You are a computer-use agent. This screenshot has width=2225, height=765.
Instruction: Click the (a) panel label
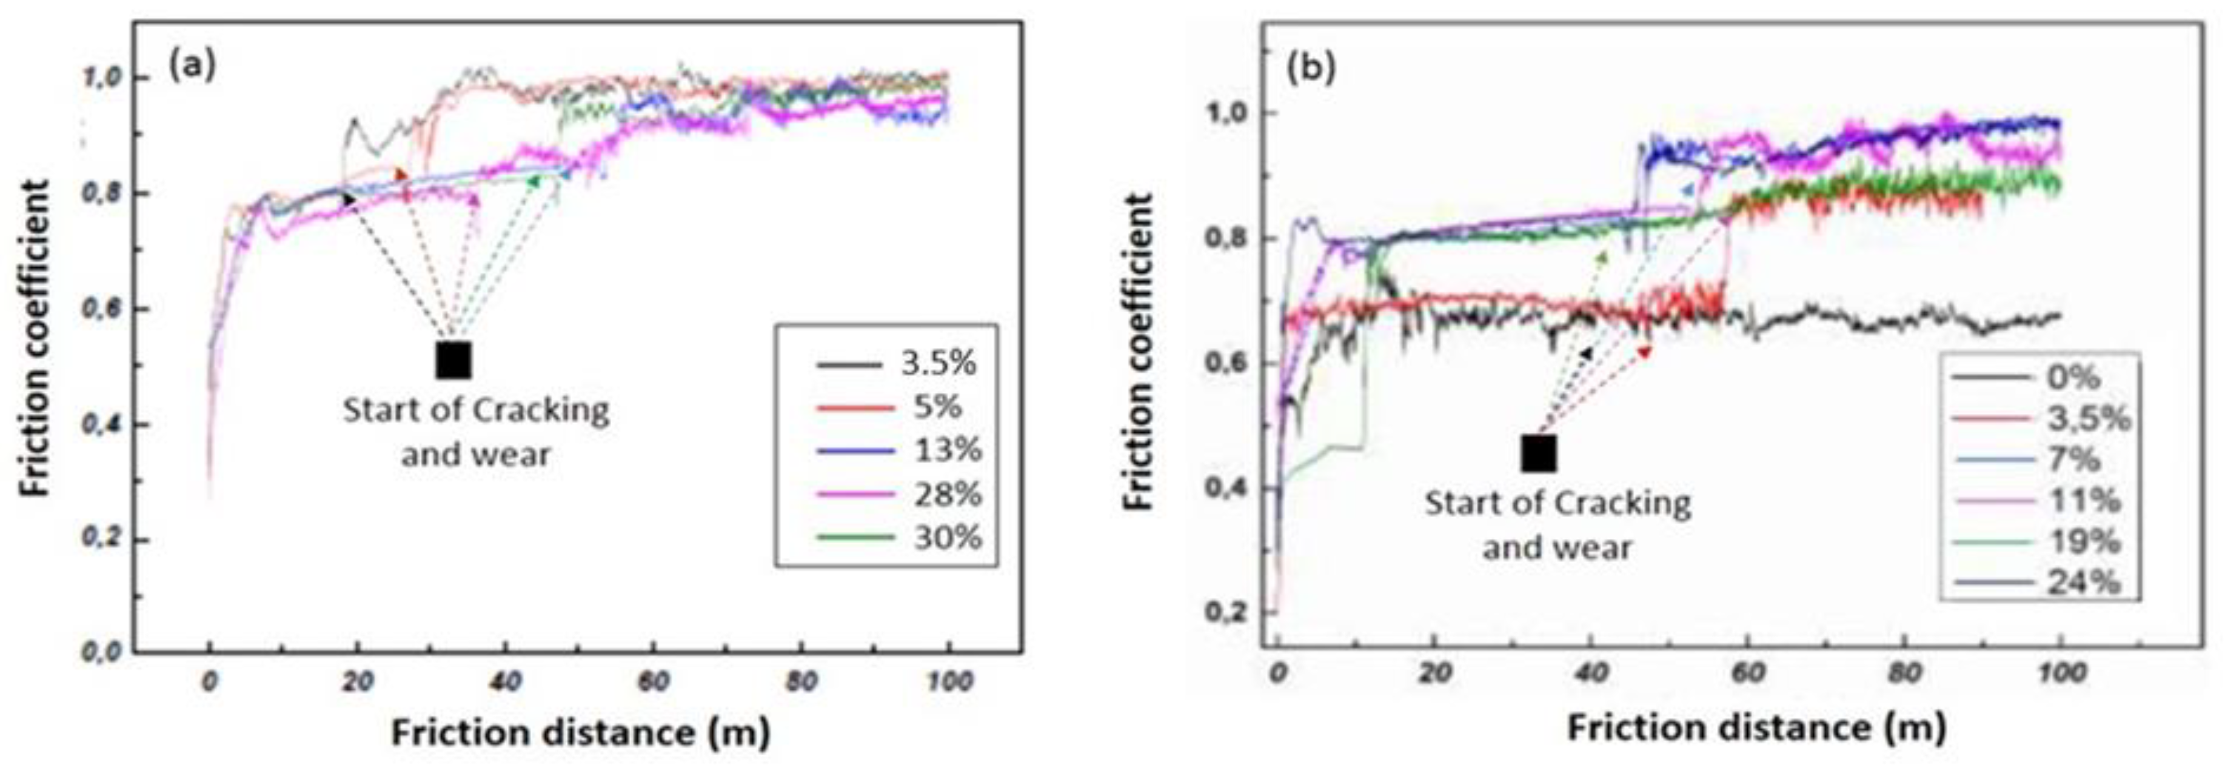[192, 65]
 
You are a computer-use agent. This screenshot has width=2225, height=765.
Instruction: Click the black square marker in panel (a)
[453, 360]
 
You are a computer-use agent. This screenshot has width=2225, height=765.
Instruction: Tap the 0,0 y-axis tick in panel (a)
[102, 651]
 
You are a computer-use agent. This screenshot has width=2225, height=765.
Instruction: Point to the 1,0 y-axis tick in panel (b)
[1225, 113]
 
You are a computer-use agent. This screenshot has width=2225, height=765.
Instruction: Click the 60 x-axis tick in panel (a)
[653, 681]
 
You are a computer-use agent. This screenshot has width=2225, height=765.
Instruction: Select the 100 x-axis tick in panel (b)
[2061, 673]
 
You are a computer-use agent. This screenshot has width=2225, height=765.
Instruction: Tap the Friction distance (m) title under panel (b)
[1756, 727]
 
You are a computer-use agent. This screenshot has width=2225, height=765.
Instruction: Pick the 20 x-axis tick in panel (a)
[356, 681]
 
